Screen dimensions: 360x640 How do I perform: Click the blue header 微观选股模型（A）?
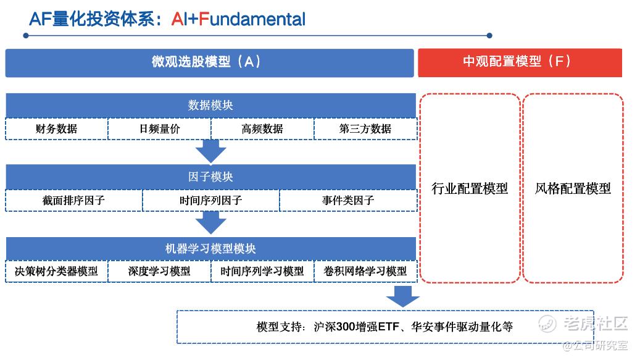pos(209,62)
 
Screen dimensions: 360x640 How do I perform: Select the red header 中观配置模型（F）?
pos(520,62)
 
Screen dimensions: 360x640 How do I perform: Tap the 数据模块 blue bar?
pos(210,106)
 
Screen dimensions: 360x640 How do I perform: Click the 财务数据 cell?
pos(57,129)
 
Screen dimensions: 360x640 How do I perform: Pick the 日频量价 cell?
pos(159,129)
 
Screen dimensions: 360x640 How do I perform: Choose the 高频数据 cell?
pos(262,129)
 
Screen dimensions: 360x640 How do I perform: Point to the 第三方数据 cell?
pos(365,129)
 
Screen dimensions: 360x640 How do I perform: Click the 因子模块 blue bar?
pos(210,177)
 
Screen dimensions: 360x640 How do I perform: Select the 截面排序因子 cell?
pos(74,201)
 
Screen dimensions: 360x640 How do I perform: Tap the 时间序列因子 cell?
pos(211,201)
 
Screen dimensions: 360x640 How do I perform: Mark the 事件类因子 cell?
pos(348,201)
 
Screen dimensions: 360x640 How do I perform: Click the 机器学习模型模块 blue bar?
pos(210,249)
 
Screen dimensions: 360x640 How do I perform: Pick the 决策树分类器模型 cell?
pos(57,272)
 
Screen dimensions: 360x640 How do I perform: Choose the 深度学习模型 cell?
pos(159,272)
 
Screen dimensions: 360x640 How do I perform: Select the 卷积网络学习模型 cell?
pos(365,272)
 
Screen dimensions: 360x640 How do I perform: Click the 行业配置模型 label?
pos(470,188)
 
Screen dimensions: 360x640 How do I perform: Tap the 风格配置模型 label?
pos(573,188)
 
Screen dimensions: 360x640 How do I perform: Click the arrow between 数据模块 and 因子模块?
pos(210,151)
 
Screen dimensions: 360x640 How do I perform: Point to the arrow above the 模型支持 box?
pos(402,296)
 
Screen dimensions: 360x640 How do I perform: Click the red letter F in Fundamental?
pos(203,19)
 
